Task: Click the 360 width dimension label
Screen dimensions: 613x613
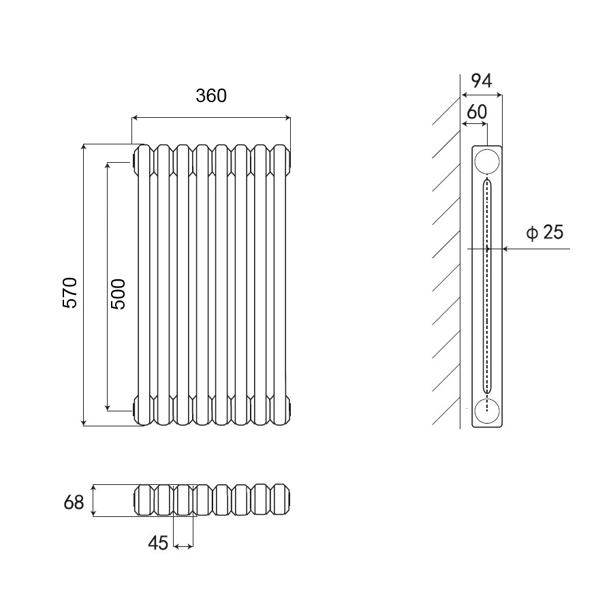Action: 210,96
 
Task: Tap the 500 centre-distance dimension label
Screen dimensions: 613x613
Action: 118,294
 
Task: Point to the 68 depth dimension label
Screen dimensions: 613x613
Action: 74,503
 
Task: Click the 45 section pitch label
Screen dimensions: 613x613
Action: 158,543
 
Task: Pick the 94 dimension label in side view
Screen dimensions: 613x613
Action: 482,80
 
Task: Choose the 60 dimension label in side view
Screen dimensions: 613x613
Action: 476,111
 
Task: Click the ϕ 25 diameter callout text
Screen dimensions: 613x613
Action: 545,233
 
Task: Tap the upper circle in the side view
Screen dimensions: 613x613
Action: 487,161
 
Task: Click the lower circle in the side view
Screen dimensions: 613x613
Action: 487,411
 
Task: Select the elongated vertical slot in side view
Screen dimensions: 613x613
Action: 487,286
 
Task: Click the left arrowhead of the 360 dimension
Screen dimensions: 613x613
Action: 135,118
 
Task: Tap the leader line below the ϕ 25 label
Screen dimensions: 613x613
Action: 538,249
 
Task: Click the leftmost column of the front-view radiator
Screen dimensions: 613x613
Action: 144,286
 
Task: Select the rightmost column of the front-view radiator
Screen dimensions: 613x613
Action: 280,286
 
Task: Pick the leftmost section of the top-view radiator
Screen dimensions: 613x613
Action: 144,501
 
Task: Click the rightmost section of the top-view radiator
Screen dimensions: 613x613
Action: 280,501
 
